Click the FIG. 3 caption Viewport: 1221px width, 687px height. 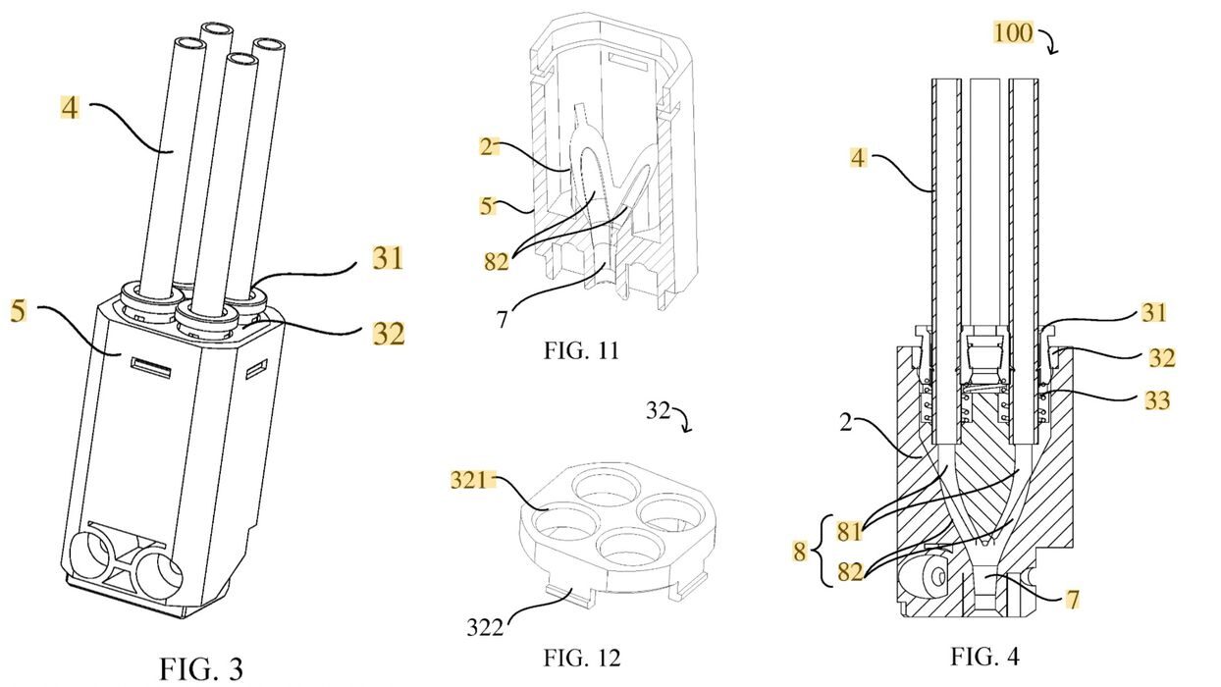[x=200, y=669]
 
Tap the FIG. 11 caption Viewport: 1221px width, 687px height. [x=582, y=350]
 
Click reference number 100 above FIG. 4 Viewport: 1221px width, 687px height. [x=1013, y=32]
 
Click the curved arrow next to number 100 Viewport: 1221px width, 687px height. [x=1050, y=41]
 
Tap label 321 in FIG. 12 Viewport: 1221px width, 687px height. [x=468, y=479]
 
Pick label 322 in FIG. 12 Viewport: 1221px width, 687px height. [x=485, y=628]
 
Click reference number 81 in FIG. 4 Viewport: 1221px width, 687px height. [x=849, y=531]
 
